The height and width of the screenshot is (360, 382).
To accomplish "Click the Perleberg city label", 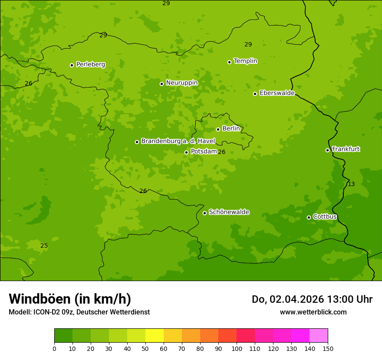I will [90, 65].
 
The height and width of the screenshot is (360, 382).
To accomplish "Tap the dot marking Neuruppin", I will [161, 84].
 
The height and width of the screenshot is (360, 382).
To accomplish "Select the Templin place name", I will [245, 61].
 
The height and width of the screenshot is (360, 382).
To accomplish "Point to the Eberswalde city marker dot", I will [255, 94].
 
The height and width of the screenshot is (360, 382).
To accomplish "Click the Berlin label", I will [231, 129].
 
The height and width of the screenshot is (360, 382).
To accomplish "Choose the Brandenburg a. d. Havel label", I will [178, 141].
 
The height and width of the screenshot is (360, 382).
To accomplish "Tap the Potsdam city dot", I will [186, 152].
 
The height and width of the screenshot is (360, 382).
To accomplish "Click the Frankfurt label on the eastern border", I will [346, 149].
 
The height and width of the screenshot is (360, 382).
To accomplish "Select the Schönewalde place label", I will [229, 212].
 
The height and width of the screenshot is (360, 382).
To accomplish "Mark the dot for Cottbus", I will [309, 217].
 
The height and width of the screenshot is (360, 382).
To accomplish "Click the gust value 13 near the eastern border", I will [351, 184].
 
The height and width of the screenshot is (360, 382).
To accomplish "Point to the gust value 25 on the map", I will [44, 246].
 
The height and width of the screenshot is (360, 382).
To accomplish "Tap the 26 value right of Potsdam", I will [221, 152].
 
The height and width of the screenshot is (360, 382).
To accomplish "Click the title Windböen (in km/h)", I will [70, 299].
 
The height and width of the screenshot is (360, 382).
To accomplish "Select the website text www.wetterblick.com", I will [313, 312].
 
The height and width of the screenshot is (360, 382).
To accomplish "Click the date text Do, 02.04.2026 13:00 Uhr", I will [312, 299].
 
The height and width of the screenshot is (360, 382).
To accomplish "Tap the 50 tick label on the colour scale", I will [145, 348].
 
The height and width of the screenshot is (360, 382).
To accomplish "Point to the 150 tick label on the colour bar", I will [328, 348].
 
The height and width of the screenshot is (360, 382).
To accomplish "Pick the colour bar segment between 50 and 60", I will [155, 336].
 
